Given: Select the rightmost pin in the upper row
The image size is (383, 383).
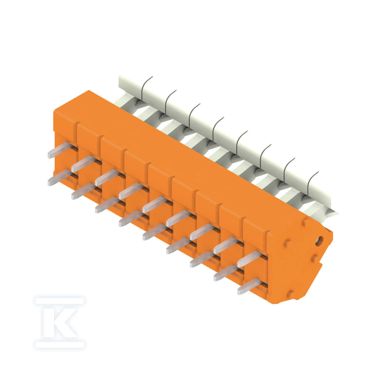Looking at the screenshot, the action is tap(252, 259).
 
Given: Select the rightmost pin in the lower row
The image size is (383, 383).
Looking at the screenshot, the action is tap(252, 286).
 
